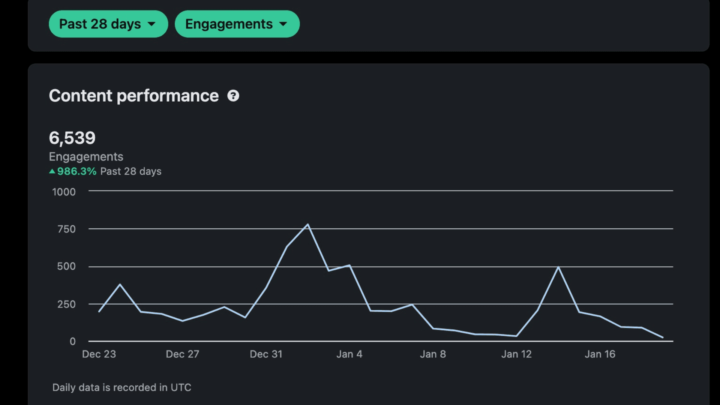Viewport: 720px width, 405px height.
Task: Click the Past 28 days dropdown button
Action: [x=108, y=24]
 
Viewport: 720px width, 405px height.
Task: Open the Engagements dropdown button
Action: [x=237, y=24]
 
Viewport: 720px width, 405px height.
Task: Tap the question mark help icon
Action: [x=233, y=96]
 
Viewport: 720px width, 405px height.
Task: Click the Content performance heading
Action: [x=134, y=96]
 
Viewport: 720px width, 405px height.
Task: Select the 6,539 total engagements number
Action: [x=72, y=138]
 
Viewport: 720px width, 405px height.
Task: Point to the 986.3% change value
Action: [x=77, y=171]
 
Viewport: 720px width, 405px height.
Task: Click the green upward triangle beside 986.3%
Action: [x=52, y=171]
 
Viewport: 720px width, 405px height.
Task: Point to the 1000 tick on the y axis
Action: [x=64, y=192]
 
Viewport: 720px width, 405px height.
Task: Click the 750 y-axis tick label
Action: [x=66, y=229]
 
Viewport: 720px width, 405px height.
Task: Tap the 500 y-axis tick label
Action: [x=66, y=266]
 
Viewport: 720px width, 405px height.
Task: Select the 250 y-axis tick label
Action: [x=66, y=304]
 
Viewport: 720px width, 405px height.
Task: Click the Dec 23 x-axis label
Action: [x=99, y=354]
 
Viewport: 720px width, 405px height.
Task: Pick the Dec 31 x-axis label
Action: [x=266, y=354]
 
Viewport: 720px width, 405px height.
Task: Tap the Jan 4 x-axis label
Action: [x=349, y=354]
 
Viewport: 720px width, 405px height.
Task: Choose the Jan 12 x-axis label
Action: [x=516, y=354]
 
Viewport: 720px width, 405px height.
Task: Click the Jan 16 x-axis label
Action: [x=600, y=354]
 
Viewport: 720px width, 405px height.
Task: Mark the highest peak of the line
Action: [x=308, y=225]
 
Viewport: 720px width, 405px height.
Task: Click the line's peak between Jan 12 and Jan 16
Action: [x=558, y=267]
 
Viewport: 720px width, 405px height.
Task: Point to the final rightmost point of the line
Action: [x=663, y=337]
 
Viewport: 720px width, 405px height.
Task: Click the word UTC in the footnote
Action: [x=181, y=387]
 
